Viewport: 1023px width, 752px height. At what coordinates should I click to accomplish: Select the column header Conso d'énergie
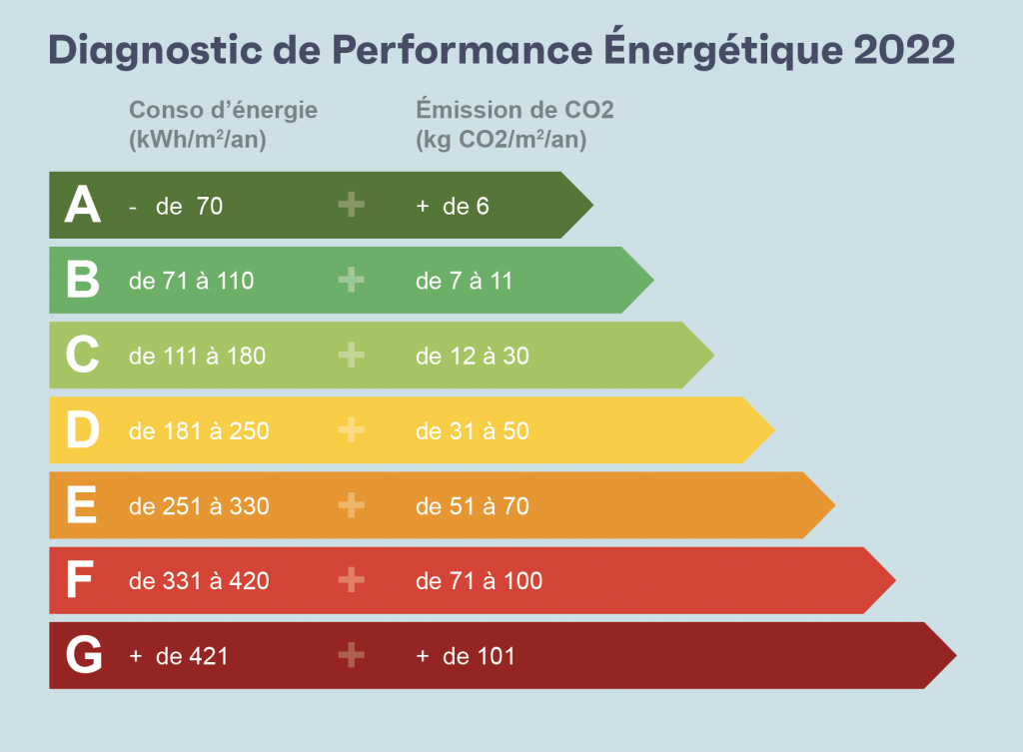[223, 110]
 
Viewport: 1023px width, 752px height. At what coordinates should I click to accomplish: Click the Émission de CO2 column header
[514, 110]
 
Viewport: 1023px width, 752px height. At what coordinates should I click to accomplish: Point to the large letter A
[82, 206]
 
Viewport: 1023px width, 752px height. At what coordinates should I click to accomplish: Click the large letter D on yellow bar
[82, 431]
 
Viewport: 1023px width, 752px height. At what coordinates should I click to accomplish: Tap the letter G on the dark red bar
[83, 656]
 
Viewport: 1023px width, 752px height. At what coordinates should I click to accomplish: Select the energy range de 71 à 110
[191, 281]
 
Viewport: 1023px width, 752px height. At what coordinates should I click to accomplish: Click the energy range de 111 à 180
[197, 356]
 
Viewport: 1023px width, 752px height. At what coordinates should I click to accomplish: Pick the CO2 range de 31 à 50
[472, 431]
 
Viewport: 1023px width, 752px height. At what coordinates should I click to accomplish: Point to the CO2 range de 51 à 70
[472, 506]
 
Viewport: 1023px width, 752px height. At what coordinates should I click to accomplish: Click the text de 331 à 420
[199, 581]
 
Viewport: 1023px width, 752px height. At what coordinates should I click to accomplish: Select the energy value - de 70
[176, 206]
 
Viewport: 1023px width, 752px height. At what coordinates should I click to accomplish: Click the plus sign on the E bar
[351, 506]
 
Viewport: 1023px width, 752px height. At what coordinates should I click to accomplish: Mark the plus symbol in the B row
[351, 281]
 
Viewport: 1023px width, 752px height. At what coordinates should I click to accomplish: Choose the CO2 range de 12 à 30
[472, 356]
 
